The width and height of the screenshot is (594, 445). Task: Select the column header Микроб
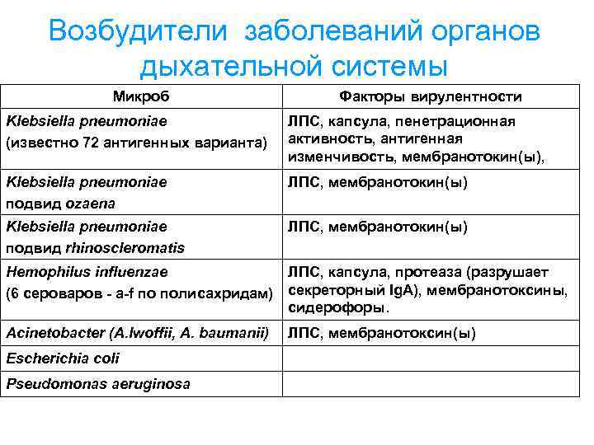click(141, 96)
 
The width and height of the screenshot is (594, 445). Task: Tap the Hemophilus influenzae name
click(87, 271)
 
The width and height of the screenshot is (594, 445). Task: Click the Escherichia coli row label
click(63, 358)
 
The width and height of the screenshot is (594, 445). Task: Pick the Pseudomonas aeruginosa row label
click(97, 384)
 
